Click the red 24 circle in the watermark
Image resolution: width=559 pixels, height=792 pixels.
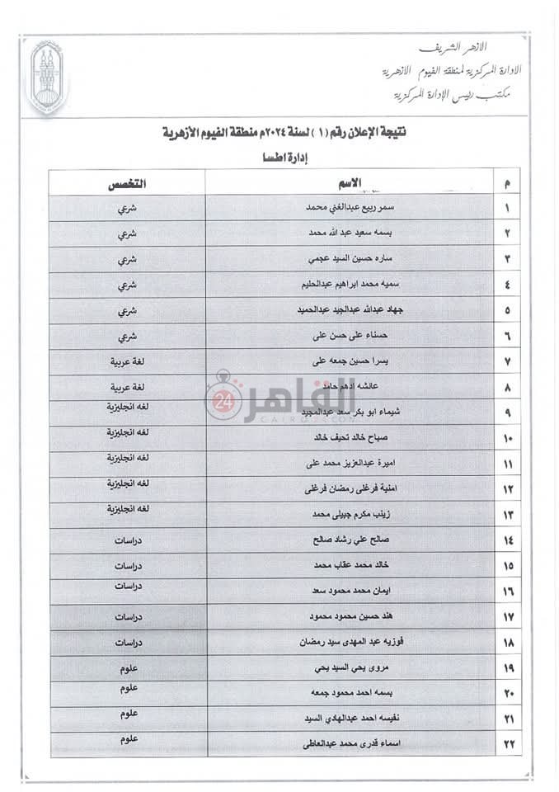pos(223,405)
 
